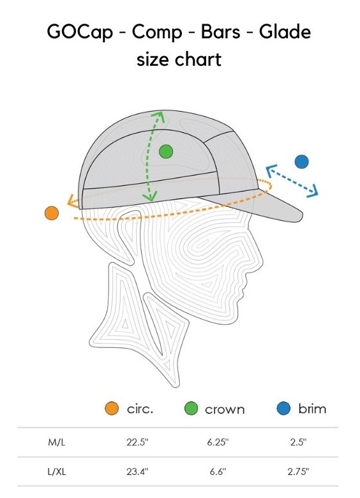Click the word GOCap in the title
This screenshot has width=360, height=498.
point(80,33)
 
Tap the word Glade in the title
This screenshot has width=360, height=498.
point(285,31)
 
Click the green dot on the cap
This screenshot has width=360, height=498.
point(166,151)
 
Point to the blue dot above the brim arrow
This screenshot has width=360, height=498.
point(301,162)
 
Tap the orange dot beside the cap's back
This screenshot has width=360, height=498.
point(52,213)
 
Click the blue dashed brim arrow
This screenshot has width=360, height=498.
point(292,181)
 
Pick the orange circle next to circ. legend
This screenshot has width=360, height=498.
point(112,408)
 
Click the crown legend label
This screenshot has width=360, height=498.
point(225,409)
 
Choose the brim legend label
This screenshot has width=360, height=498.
point(312,409)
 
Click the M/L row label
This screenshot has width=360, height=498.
point(57,442)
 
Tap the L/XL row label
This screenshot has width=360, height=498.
point(57,472)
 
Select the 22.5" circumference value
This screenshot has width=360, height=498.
point(137,442)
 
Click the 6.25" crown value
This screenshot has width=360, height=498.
point(218,442)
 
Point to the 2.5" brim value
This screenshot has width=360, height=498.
point(299,442)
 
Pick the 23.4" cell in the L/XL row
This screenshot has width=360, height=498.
point(137,472)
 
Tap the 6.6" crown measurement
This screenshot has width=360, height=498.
point(218,472)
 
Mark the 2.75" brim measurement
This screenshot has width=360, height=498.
point(299,472)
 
